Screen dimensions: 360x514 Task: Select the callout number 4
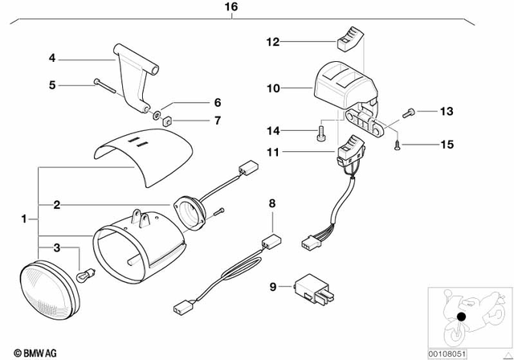click(x=51, y=58)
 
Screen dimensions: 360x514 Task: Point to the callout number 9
click(x=273, y=284)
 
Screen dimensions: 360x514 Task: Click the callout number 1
click(x=24, y=218)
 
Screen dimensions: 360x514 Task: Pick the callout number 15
click(x=447, y=145)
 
